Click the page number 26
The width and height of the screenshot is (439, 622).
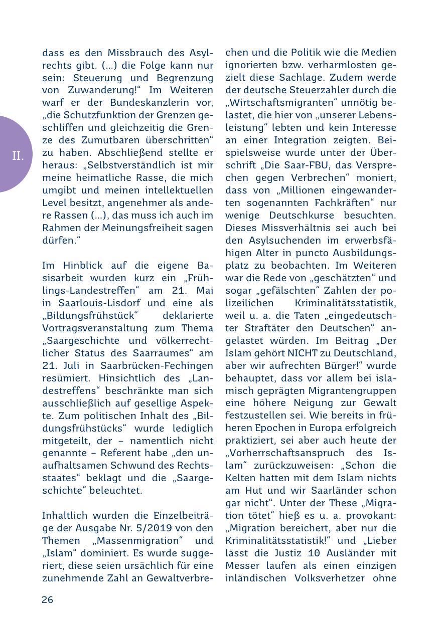[x=47, y=599]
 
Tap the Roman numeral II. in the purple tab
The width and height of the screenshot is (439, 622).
[x=18, y=156]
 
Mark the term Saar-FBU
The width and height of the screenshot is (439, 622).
[x=317, y=165]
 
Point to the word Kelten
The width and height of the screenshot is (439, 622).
[x=243, y=478]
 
